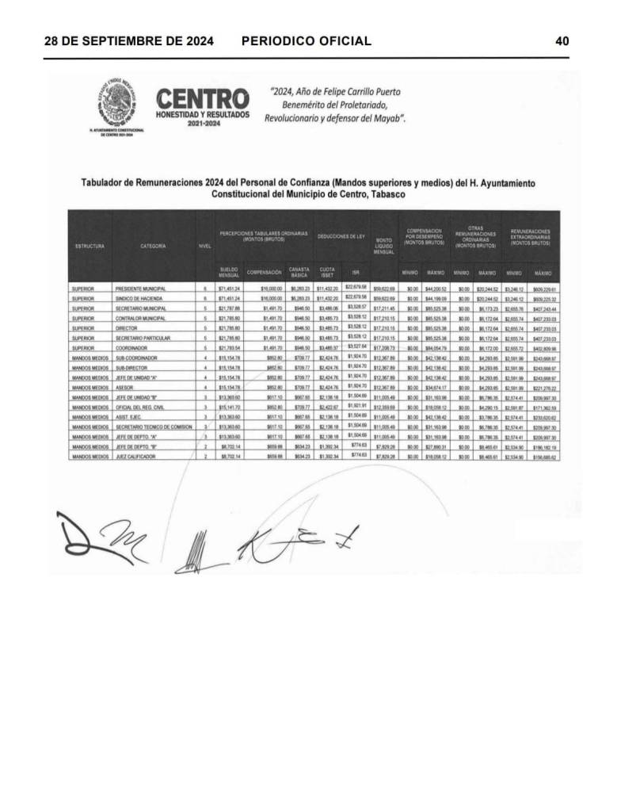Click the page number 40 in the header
coord(562,40)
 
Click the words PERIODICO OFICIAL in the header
coord(306,40)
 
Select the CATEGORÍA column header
coord(152,246)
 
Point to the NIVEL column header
coord(204,246)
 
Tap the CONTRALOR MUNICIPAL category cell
coord(139,317)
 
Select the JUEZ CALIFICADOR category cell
coord(136,457)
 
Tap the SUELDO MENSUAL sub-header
coord(229,274)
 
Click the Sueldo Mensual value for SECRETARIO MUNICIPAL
coord(229,308)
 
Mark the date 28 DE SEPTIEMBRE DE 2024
coord(128,40)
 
